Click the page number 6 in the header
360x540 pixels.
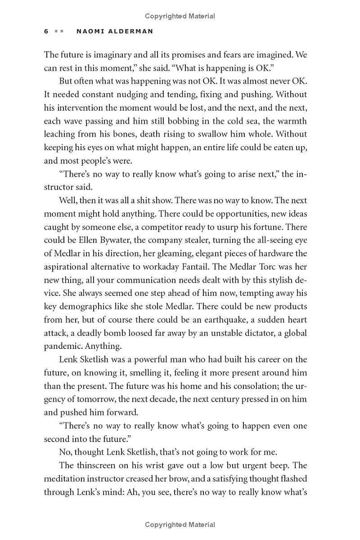click(46, 31)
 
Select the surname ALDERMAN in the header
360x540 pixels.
click(131, 31)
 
